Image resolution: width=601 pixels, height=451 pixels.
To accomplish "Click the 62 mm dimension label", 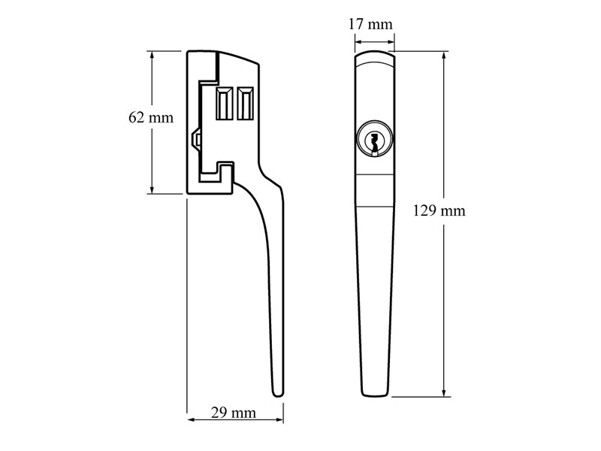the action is [151, 117].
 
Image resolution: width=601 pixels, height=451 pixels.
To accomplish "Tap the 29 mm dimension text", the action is [233, 413].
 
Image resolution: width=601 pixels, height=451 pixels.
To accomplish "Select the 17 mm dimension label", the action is [372, 24].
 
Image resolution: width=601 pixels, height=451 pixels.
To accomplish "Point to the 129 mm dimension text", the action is [439, 210].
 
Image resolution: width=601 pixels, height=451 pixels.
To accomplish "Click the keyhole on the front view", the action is [373, 141].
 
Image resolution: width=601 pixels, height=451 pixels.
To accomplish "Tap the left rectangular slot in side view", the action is [224, 103].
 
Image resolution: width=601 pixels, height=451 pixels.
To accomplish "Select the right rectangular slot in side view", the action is [245, 103].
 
